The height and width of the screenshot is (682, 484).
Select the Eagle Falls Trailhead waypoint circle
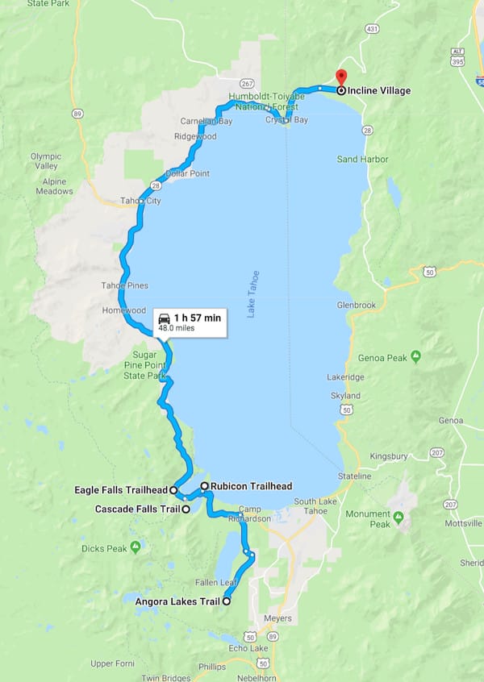coord(173,489)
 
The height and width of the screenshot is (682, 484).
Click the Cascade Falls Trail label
coord(137,509)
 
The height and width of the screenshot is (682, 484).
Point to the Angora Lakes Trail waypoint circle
coord(226,601)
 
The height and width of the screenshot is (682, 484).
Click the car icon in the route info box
coord(165,318)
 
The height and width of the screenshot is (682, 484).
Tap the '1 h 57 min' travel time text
coord(197,318)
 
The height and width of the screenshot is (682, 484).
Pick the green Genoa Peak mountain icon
coord(415,355)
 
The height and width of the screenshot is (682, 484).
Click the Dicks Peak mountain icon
coord(136,547)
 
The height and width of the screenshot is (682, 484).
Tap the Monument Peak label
coord(368,519)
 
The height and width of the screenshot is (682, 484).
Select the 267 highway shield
coord(247,83)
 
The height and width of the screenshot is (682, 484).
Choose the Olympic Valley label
coord(45,161)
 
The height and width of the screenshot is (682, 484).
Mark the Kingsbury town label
coord(389,456)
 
